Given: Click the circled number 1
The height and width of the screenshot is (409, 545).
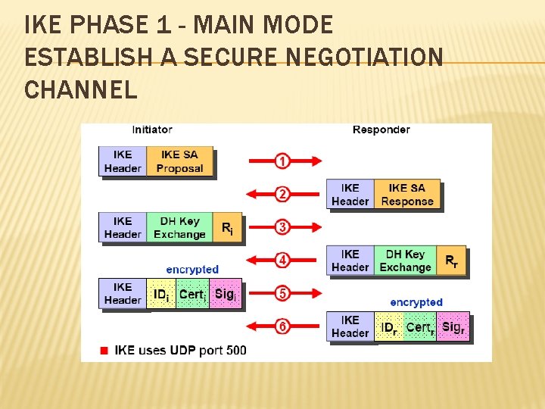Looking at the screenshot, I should point(282,161).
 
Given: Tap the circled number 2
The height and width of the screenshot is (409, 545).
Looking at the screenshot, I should point(282,195).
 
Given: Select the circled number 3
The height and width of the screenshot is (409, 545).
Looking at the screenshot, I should point(282,227).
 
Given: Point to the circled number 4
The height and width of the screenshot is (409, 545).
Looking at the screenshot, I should point(282,261).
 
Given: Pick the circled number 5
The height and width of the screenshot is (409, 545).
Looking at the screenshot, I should point(282,293).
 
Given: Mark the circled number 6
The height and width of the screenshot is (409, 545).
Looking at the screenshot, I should point(282,326).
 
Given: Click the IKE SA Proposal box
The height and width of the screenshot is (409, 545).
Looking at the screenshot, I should point(180,162).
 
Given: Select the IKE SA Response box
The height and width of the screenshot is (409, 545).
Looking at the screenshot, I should point(407,195).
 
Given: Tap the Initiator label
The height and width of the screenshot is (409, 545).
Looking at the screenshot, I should point(152,130).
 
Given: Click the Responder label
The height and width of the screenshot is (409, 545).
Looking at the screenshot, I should point(381,130).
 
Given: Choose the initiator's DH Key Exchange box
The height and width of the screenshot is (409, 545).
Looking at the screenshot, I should point(179,228).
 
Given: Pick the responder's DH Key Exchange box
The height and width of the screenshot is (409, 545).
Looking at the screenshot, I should point(405,261).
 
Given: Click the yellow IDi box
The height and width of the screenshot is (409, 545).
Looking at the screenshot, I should point(161,294).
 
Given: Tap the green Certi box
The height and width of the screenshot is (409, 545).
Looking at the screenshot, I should point(192,294).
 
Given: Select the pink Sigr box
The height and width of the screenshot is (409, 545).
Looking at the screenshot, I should point(453,327).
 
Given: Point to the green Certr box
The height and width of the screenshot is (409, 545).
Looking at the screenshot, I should point(420,327).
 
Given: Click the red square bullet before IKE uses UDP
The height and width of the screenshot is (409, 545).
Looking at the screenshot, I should point(104,351).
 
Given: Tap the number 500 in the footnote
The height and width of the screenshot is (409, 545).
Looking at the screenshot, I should point(235,351).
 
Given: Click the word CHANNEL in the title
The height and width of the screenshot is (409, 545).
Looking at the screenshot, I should point(81,90).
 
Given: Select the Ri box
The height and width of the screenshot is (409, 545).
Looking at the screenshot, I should point(227,228).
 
